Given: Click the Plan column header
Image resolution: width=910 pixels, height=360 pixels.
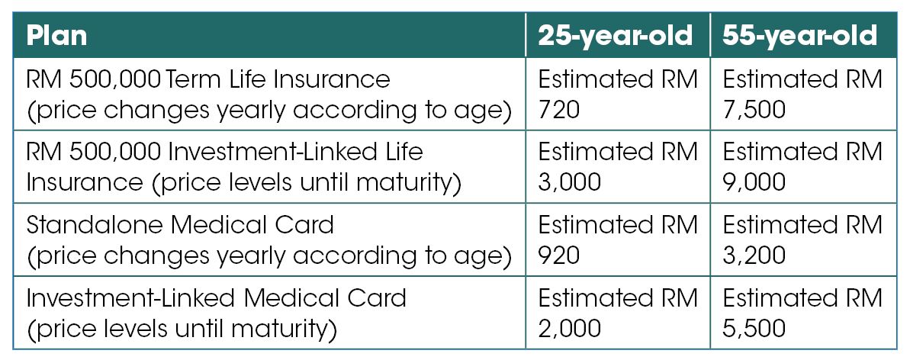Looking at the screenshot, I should [57, 36].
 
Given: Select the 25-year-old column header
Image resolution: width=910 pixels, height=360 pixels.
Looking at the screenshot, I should [616, 36].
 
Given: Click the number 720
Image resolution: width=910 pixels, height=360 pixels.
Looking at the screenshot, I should [559, 111].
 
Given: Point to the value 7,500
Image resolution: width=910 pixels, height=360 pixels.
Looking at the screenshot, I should [754, 111].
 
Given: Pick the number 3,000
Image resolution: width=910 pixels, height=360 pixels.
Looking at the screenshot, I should [569, 183].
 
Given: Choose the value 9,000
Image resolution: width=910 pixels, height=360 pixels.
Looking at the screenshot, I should [754, 183].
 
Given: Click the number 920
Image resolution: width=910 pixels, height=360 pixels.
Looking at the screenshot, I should [559, 256].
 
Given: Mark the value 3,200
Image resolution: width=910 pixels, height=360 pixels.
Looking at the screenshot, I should [754, 256].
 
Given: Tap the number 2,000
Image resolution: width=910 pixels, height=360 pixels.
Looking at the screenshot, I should [569, 329].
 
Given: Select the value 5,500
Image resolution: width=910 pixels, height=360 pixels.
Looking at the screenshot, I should [754, 329].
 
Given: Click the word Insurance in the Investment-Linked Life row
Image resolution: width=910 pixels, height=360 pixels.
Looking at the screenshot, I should [85, 183].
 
